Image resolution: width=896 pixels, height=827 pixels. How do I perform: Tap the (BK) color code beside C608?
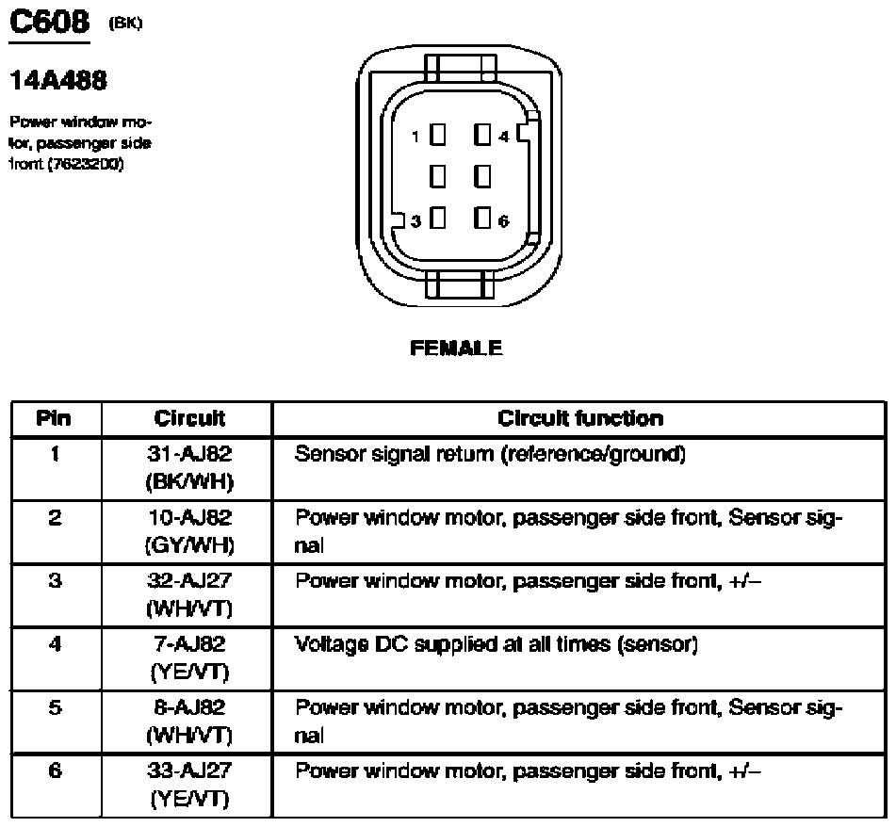(x=126, y=24)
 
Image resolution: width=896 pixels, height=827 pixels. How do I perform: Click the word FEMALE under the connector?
(x=457, y=349)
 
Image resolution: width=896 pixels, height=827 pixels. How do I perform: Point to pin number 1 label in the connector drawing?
(x=415, y=137)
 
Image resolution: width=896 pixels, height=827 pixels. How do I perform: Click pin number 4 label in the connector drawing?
(x=504, y=137)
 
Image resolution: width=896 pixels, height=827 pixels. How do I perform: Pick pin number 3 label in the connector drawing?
(x=415, y=220)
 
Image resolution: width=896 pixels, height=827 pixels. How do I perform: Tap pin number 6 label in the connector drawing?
(x=504, y=220)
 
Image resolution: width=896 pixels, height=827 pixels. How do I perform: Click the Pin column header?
(x=54, y=418)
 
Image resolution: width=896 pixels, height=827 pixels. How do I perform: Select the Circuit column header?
(x=189, y=418)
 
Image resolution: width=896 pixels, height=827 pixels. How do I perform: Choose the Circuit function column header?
(x=579, y=418)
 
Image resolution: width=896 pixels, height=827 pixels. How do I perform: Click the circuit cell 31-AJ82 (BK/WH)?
(x=189, y=468)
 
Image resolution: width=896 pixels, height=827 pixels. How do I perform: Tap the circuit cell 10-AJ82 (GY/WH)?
(x=189, y=531)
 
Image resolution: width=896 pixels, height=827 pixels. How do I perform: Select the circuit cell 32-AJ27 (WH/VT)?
(x=189, y=594)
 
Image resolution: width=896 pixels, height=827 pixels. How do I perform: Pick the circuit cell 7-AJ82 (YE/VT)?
(x=189, y=657)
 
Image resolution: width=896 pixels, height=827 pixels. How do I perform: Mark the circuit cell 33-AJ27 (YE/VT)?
(x=189, y=785)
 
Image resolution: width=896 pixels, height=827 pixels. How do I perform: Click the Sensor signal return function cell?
(x=490, y=455)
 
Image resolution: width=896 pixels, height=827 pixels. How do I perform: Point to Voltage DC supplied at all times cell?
(x=497, y=645)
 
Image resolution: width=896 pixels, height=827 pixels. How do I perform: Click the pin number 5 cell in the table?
(x=54, y=708)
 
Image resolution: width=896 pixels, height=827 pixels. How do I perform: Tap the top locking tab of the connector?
(x=459, y=68)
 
